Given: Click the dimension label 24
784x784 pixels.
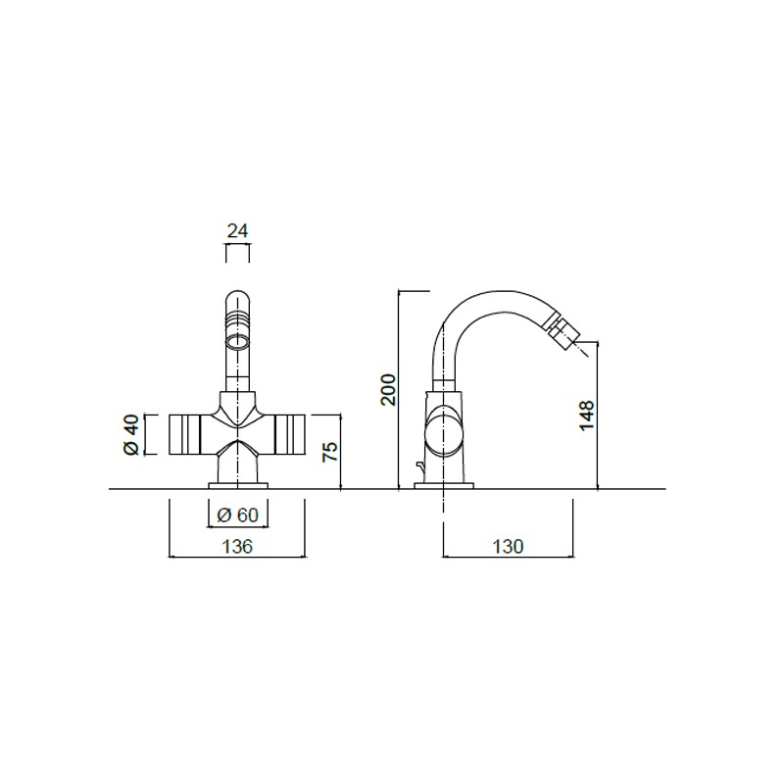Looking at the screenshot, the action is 237,231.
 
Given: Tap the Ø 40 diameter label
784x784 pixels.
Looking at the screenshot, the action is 131,434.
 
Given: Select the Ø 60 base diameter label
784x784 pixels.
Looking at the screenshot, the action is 238,514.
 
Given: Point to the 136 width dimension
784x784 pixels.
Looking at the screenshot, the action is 237,547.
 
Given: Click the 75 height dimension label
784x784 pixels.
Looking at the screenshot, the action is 330,452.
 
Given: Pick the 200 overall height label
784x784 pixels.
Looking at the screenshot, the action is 388,389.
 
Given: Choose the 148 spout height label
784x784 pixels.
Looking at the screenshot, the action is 586,415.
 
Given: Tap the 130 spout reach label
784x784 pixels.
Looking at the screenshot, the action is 508,547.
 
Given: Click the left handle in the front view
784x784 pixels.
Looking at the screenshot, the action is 184,434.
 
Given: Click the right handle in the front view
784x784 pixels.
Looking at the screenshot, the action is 290,434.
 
